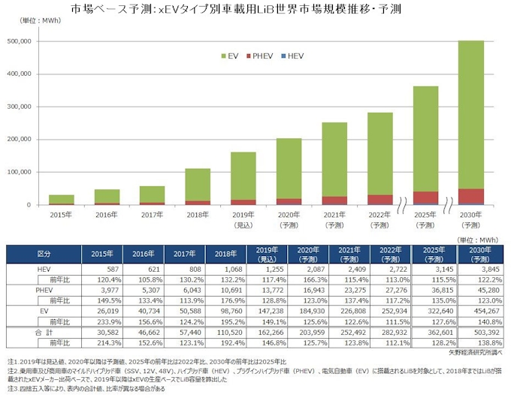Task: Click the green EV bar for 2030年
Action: coord(470,113)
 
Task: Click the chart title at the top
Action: coord(255,10)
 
